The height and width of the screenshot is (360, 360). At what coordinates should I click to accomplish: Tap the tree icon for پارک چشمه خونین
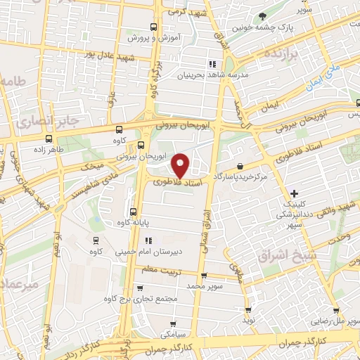tap(263, 16)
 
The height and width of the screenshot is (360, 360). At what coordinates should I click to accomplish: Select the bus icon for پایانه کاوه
tap(134, 211)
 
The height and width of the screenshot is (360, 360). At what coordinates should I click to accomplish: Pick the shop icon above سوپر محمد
tap(204, 276)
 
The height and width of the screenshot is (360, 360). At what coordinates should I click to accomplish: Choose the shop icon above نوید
tap(247, 309)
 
